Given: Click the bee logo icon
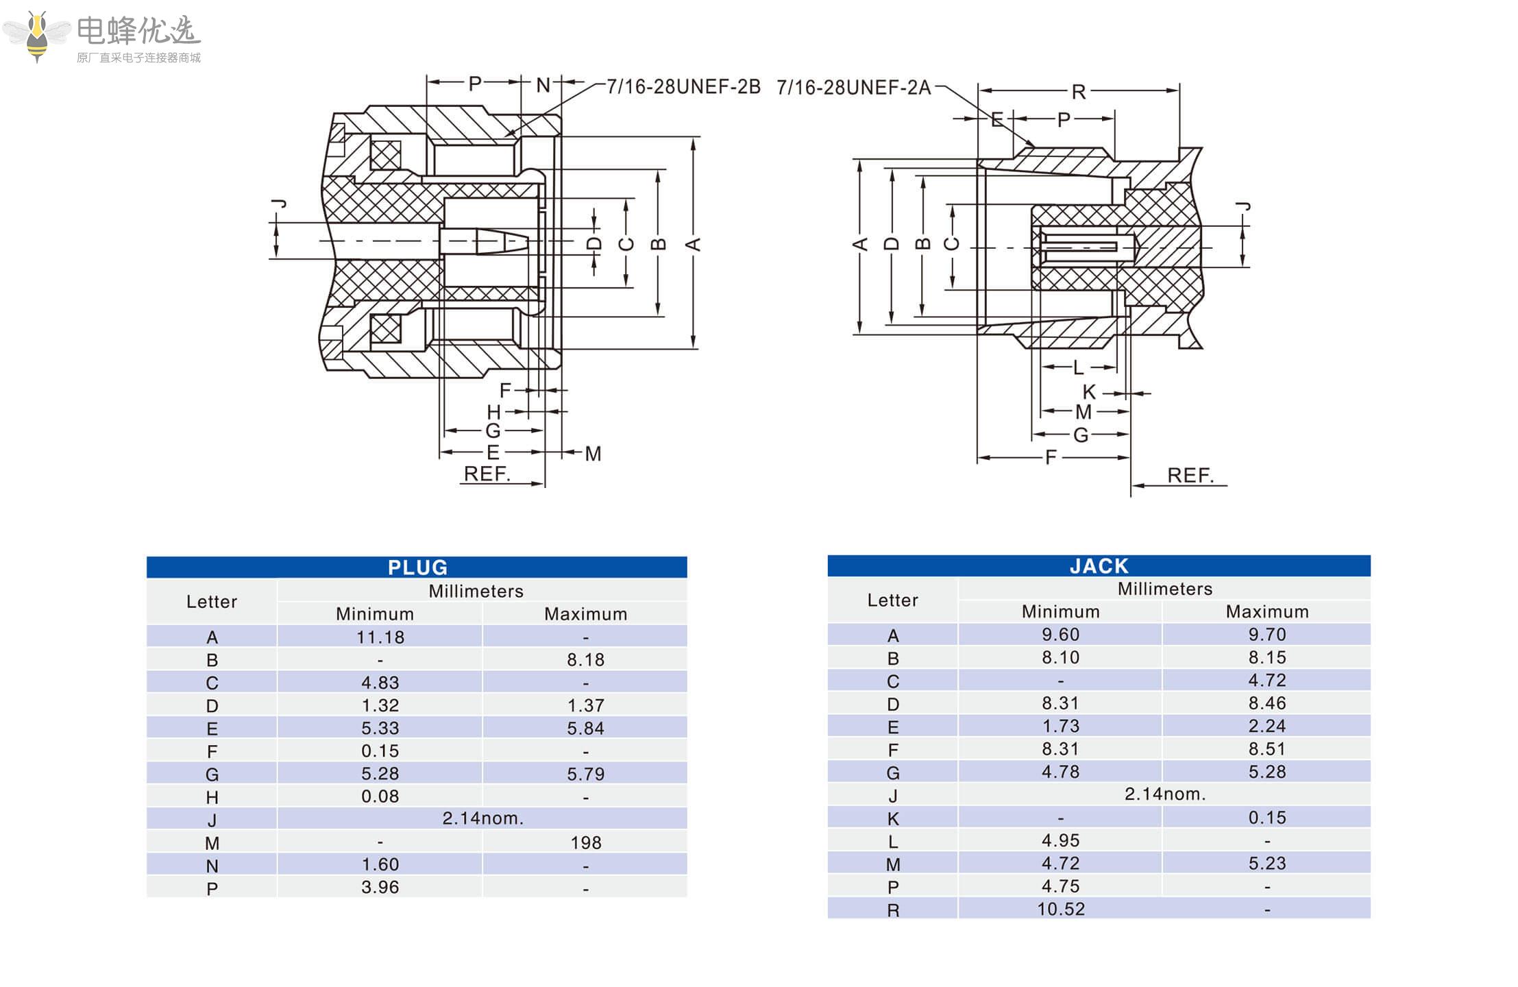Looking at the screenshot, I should click(37, 36).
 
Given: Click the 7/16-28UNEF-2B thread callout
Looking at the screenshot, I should click(683, 87).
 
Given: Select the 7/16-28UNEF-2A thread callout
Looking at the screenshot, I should click(853, 88).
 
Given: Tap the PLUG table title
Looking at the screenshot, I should click(417, 568).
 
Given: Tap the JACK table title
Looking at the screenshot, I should click(1099, 566).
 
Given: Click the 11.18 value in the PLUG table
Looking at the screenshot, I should click(380, 637).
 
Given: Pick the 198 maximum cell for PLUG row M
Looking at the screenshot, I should click(586, 842).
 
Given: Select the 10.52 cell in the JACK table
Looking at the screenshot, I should click(1060, 910).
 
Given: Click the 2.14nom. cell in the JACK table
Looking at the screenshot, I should click(1164, 794).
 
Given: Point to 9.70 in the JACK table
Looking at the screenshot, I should click(1266, 635).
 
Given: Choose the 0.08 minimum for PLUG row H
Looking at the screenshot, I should click(380, 796).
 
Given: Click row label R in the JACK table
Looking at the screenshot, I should click(892, 910).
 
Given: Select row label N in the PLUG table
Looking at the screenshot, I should click(212, 866).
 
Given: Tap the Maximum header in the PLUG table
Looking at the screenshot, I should click(585, 614).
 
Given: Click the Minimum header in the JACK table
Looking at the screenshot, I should click(1060, 611).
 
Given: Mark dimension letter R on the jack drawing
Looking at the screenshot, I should click(1078, 92).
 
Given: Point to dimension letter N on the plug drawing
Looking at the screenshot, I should click(543, 85).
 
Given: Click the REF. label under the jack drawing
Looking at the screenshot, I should click(1190, 475).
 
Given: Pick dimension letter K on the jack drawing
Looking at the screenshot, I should click(1089, 392).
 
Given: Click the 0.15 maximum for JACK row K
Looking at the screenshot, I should click(1266, 818).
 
